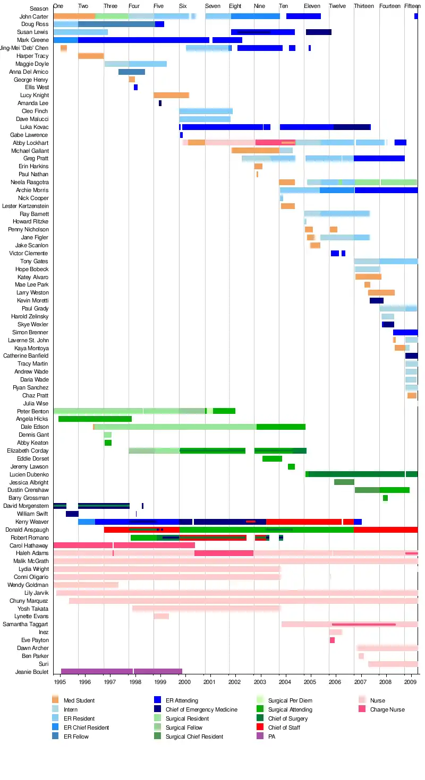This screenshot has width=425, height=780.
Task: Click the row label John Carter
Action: coord(34,16)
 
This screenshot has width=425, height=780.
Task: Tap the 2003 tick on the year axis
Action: coord(260,682)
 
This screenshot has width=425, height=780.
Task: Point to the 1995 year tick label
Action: coord(59,682)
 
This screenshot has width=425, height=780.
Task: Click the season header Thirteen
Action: coord(363,6)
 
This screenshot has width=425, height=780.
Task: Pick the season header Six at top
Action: coord(183,6)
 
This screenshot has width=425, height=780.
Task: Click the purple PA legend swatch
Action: coord(260,736)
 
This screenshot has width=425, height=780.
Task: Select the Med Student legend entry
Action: coord(73,700)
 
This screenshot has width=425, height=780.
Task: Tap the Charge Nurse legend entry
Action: coord(381,709)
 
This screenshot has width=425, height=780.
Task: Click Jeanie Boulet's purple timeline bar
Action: coord(121,671)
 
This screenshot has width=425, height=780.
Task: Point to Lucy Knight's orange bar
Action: coord(171,95)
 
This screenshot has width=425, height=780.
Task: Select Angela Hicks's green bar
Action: coord(95,419)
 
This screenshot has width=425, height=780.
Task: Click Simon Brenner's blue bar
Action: coord(405,332)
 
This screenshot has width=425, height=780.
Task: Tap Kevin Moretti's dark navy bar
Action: coord(377,300)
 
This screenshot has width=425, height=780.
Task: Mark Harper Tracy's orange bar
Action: coord(91,56)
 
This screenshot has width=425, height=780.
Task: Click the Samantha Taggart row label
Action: coord(25,625)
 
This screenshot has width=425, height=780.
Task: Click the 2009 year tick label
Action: coord(410,682)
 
